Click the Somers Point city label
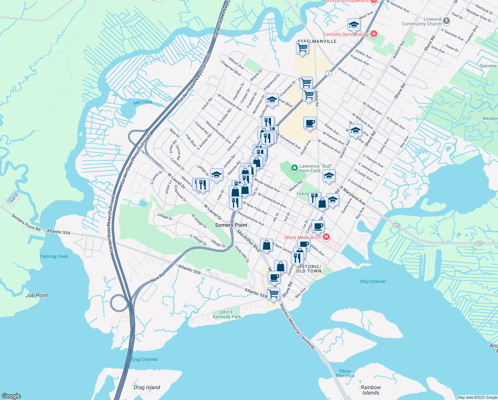[x=231, y=225]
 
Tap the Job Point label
[x=37, y=295]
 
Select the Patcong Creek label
[x=54, y=256]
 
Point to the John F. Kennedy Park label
[x=227, y=314]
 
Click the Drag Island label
[x=147, y=387]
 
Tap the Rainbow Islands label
[x=371, y=390]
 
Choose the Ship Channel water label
[x=373, y=281]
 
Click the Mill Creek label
[x=143, y=102]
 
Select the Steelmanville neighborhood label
[x=317, y=41]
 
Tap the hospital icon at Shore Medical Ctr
[x=326, y=237]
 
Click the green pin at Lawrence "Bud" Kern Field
[x=294, y=168]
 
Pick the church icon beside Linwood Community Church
[x=446, y=21]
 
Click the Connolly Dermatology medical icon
[x=373, y=34]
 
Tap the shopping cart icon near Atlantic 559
[x=273, y=293]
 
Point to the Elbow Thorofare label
[x=345, y=373]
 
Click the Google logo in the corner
[x=11, y=396]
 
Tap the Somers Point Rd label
[x=26, y=222]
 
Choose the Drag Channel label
[x=144, y=359]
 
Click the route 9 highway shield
[x=329, y=73]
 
